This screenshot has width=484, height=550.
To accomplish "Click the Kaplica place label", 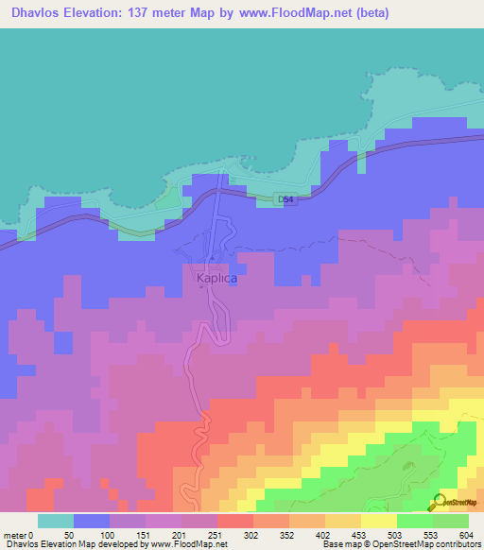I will coord(216,280).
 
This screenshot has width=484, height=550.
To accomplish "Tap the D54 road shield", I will coord(285,199).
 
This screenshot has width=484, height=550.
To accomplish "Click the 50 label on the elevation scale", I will coord(69,534).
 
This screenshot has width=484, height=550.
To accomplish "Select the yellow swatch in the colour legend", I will coord(378,520).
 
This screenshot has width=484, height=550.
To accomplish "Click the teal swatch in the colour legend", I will coord(56,520).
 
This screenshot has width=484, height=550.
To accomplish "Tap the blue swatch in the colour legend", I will coord(92,520).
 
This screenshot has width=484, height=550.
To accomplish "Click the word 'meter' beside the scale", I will coord(14,534).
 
